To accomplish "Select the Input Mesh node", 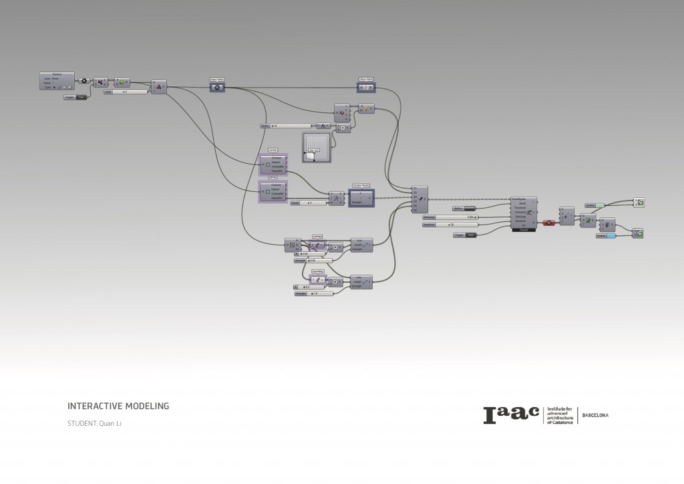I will click(217, 87).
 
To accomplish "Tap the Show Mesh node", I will click(365, 88).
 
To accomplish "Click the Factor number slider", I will click(287, 126).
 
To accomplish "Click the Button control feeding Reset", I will click(474, 209).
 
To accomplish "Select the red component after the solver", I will click(548, 222).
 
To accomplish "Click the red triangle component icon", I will click(158, 86).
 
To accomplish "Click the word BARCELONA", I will click(595, 415).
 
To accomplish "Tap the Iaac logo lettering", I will click(511, 415).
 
